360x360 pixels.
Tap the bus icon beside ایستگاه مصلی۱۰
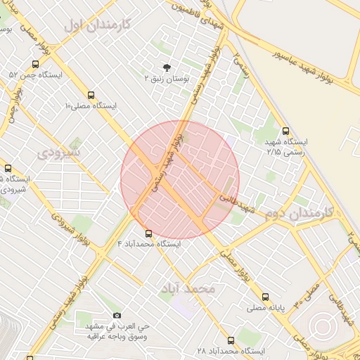pos(91,95)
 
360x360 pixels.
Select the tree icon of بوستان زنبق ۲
pos(167,67)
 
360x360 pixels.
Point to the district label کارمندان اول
pos(97,25)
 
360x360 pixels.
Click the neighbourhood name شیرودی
pos(59,151)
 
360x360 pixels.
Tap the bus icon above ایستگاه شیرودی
pos(8,169)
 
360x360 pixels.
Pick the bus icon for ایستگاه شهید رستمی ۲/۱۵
pos(285,131)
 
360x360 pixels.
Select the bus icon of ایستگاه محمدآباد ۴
pos(148,233)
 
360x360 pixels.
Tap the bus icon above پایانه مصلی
pos(265,297)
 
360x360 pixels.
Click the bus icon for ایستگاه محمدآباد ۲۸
pos(231,340)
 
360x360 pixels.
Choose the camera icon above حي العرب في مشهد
pos(117,316)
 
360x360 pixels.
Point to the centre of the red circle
pos(180,179)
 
